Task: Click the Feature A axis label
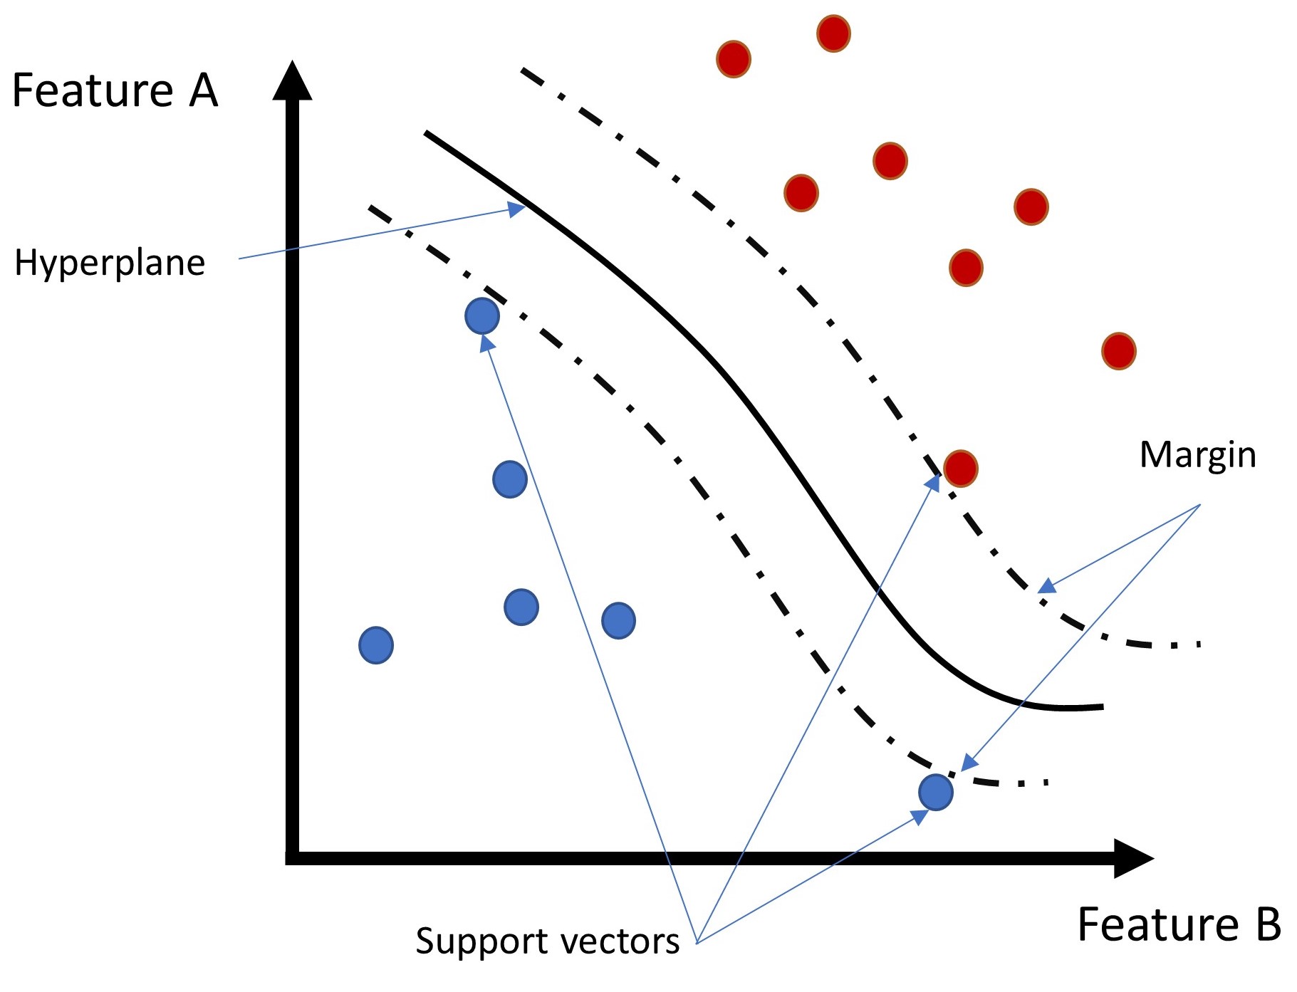(115, 90)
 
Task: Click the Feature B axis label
(1179, 924)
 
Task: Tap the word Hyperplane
(110, 263)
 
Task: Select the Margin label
(1197, 454)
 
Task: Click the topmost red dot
(833, 33)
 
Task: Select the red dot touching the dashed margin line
(960, 469)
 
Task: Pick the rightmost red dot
(1118, 351)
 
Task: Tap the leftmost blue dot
(376, 645)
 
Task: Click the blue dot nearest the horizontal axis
(935, 792)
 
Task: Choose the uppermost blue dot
(482, 315)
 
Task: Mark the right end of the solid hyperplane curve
(1101, 707)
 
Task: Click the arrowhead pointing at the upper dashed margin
(1046, 587)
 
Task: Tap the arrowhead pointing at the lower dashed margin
(969, 763)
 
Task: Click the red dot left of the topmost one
(733, 59)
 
